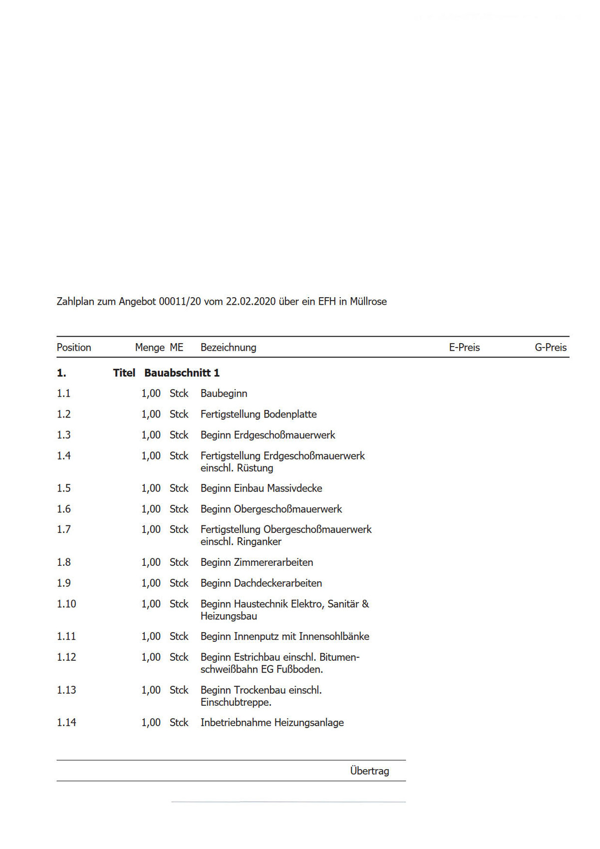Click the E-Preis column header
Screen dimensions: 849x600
[x=464, y=348]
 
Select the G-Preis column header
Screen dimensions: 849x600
[x=551, y=348]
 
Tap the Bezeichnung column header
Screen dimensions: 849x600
[x=228, y=348]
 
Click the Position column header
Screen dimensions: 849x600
[x=74, y=348]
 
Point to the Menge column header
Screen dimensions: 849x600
[x=150, y=348]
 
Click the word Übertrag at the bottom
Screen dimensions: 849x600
[x=369, y=771]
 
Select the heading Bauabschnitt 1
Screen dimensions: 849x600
[x=182, y=373]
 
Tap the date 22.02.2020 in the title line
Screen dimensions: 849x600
[x=251, y=302]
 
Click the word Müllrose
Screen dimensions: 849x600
[x=368, y=302]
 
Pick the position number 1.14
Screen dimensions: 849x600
[x=66, y=723]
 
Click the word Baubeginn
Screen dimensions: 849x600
[x=224, y=394]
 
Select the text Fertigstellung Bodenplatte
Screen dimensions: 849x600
[x=259, y=415]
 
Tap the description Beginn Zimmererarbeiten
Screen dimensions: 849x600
[x=257, y=562]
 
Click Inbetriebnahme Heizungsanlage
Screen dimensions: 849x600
[x=272, y=723]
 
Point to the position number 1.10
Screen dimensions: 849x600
[x=66, y=604]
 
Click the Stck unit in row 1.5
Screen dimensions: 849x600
[x=179, y=488]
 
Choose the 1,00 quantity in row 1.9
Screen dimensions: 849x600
[x=151, y=583]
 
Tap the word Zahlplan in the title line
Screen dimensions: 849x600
[x=75, y=302]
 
